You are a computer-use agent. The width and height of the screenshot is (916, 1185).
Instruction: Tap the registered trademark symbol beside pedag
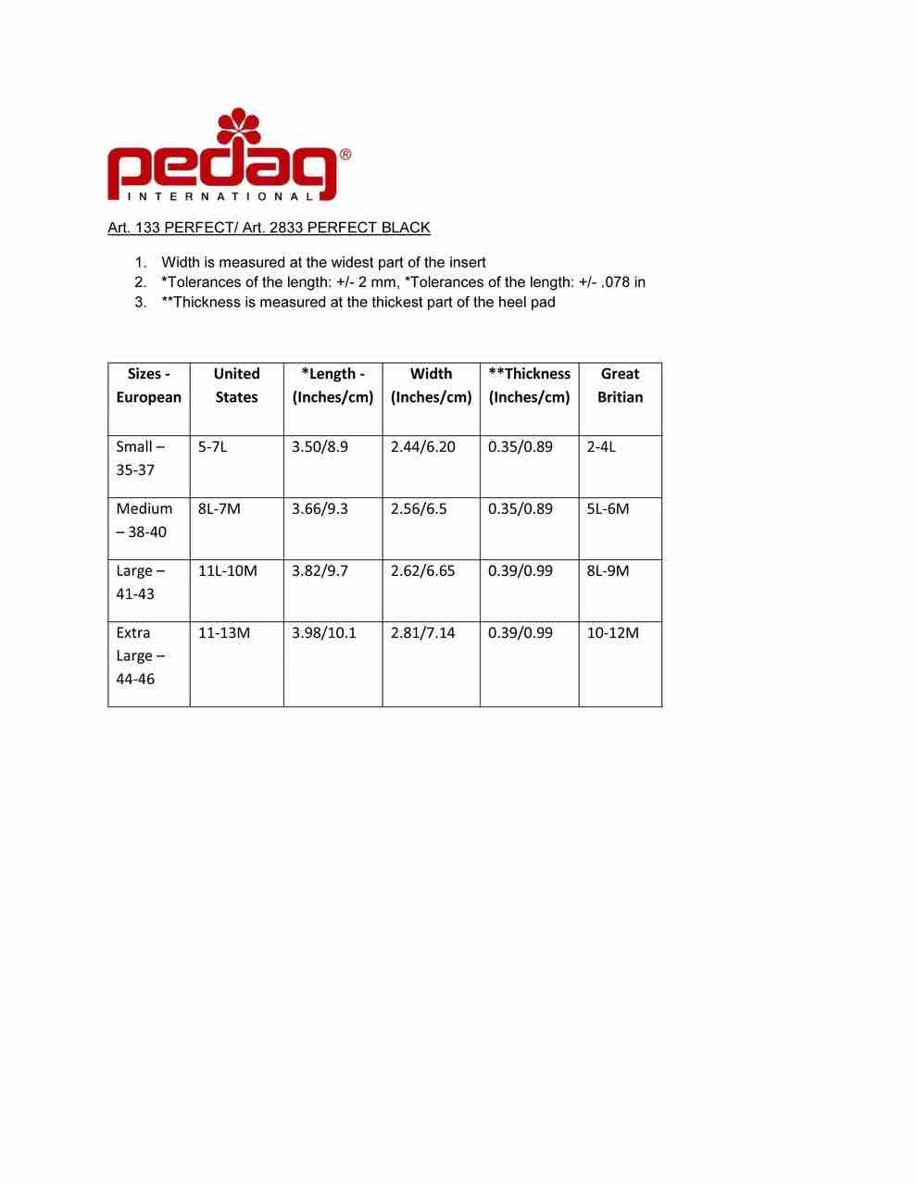click(345, 156)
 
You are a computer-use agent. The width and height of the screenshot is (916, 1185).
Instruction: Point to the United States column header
click(236, 385)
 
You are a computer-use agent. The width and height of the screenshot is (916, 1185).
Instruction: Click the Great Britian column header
click(620, 385)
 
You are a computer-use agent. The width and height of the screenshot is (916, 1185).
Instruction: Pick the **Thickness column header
click(529, 385)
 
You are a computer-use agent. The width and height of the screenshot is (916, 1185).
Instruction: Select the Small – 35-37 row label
click(140, 458)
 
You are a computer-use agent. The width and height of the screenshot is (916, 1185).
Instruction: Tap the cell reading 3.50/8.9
click(320, 447)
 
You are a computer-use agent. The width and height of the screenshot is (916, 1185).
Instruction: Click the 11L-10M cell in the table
click(227, 571)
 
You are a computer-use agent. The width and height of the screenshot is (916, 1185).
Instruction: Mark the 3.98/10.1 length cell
click(323, 633)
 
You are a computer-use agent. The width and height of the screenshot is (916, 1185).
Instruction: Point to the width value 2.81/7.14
click(422, 633)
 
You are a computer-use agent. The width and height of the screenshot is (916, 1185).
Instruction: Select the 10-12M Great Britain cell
click(612, 633)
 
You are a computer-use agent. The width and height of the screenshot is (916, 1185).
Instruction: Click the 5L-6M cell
click(608, 509)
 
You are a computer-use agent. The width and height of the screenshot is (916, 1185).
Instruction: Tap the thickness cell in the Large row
click(520, 571)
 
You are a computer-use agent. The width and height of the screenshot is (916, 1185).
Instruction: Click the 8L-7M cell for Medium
click(219, 509)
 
